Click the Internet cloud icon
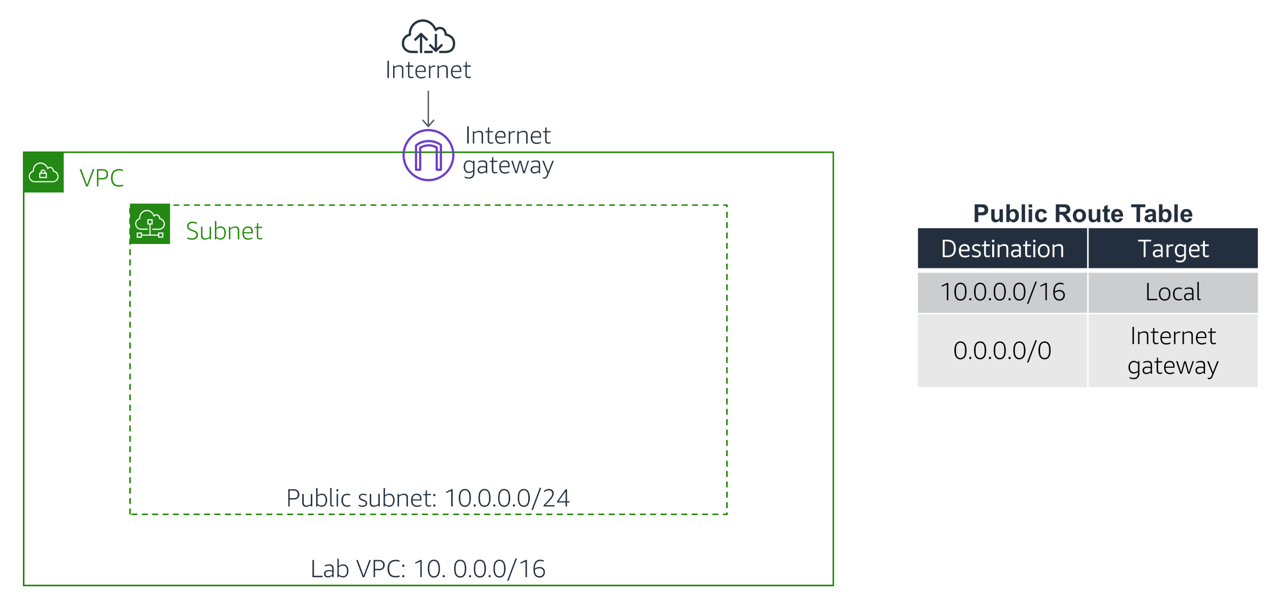tap(428, 37)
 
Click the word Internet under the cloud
tap(428, 70)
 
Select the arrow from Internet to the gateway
tap(428, 109)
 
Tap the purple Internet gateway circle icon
tap(428, 155)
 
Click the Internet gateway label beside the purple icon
tap(508, 150)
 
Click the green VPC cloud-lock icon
tap(44, 172)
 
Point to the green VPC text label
tap(102, 178)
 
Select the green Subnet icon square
tap(150, 224)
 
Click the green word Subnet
tap(224, 231)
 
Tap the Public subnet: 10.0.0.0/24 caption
tap(428, 499)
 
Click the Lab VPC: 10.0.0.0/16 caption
tap(428, 569)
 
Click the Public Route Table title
tap(1083, 214)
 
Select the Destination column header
tap(1002, 249)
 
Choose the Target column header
tap(1173, 249)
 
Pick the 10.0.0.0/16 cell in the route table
tap(1002, 292)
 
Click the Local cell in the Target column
tap(1173, 292)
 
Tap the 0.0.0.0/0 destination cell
tap(1002, 351)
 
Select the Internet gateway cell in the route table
tap(1173, 351)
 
